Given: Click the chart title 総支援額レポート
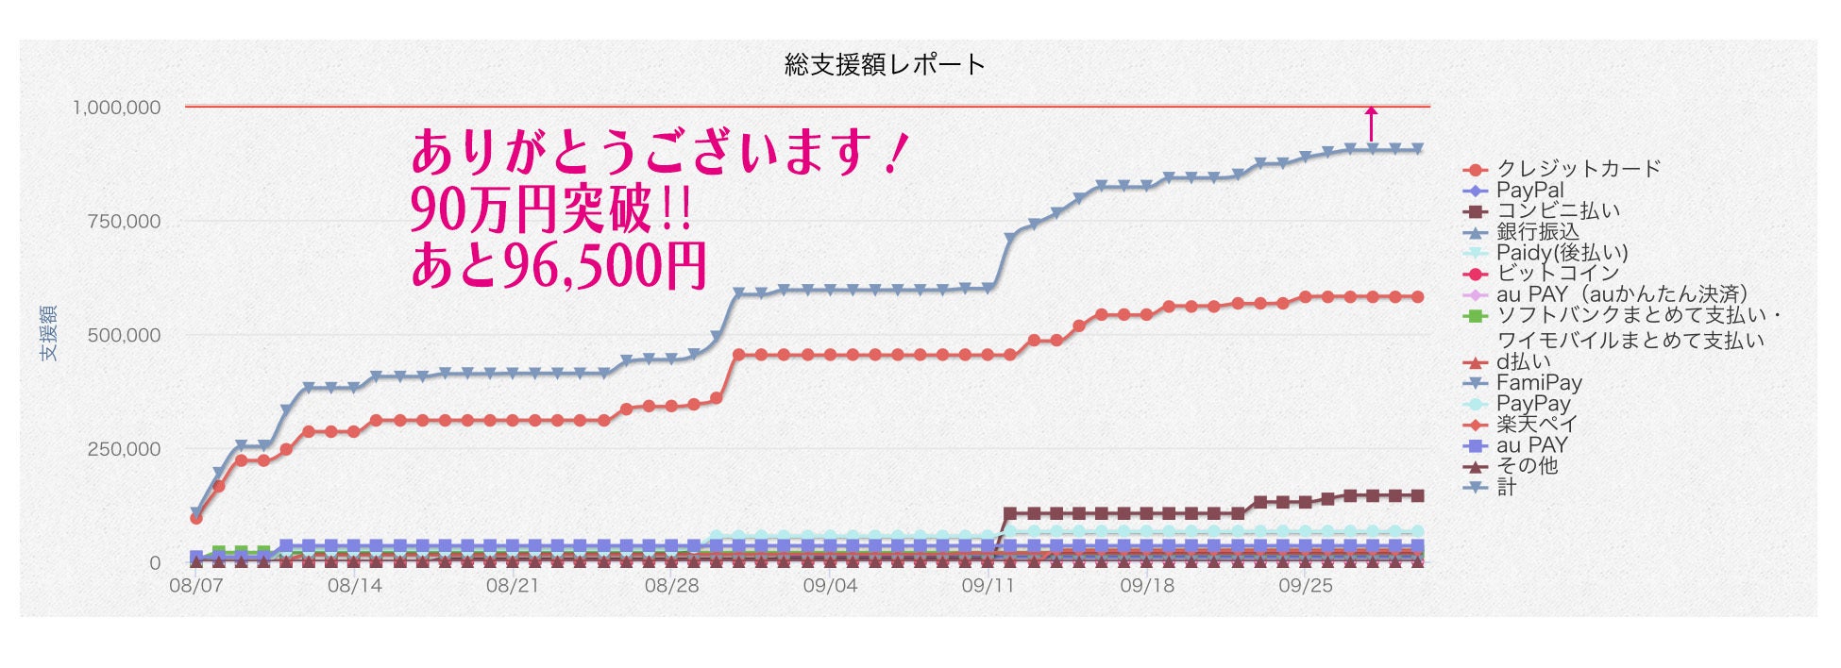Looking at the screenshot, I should coord(884,64).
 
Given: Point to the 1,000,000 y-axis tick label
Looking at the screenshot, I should coord(117,108).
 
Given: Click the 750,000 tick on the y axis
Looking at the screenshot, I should coord(124,222).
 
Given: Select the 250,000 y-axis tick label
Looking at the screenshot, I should coord(124,449).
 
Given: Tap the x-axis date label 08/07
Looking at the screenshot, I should coord(195,586).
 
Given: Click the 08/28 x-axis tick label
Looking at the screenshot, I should coord(671,586).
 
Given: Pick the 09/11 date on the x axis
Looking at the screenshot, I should coord(988,586).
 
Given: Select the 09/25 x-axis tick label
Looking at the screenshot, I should coord(1306,586).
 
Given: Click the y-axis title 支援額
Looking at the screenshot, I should coord(48,332).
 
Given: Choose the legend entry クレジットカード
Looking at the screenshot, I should coord(1578,169).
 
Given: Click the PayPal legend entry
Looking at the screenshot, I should coord(1529,190).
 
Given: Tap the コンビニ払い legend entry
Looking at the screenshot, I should coord(1558,210).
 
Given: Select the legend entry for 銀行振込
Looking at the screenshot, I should coord(1537,231).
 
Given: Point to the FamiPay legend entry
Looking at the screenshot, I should coord(1539,383).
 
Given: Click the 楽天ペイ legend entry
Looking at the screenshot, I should coord(1536,425).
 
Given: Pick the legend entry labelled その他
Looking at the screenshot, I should coord(1527,466).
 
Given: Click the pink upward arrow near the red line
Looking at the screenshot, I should coord(1372,124).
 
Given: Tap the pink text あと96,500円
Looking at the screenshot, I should coord(558,266).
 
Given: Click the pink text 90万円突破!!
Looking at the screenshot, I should coord(550,209).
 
